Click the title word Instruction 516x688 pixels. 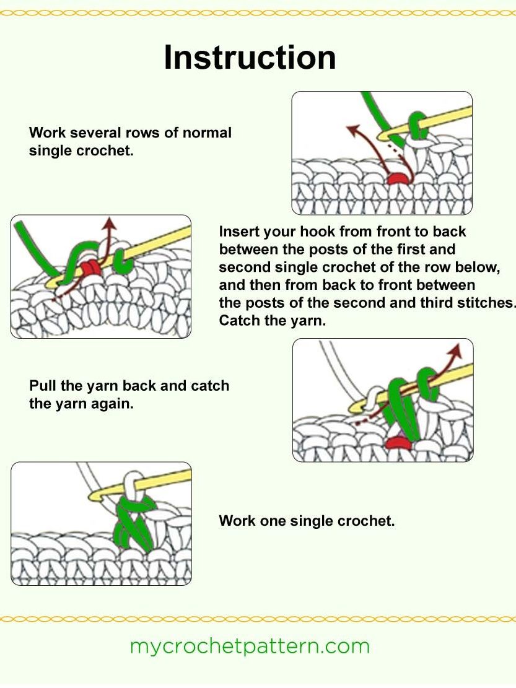pyautogui.click(x=250, y=58)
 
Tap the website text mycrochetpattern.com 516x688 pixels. pyautogui.click(x=250, y=646)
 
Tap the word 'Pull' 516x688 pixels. pyautogui.click(x=43, y=386)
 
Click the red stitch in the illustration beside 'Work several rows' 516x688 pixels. pyautogui.click(x=396, y=178)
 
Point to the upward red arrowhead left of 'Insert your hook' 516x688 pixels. pyautogui.click(x=110, y=222)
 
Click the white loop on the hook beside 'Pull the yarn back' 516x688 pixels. pyautogui.click(x=373, y=397)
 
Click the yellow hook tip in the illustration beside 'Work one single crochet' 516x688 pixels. pyautogui.click(x=97, y=497)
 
